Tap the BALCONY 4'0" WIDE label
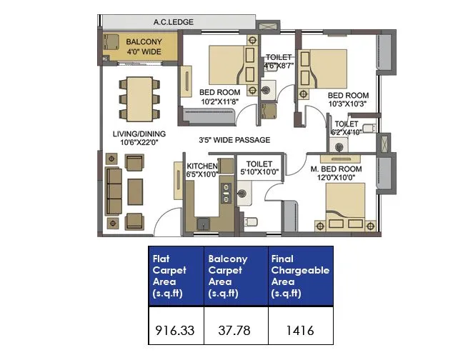143,47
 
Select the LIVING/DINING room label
139,138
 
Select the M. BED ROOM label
337,173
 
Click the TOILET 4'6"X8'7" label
279,61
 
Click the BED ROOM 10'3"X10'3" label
348,99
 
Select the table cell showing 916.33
175,331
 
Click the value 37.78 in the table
236,331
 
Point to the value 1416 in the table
300,331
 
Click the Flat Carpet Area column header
175,276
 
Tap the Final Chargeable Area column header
300,276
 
